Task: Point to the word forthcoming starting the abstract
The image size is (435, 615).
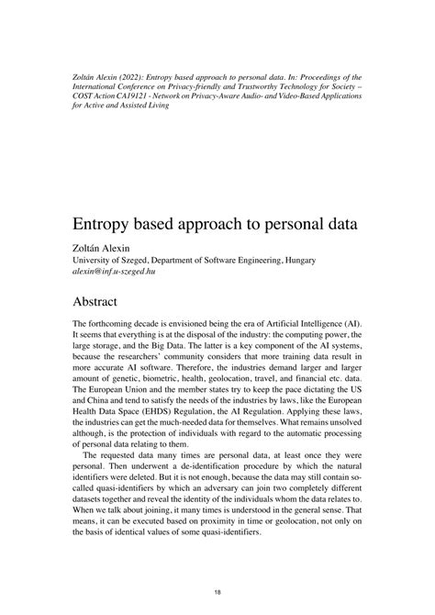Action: tap(112, 325)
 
